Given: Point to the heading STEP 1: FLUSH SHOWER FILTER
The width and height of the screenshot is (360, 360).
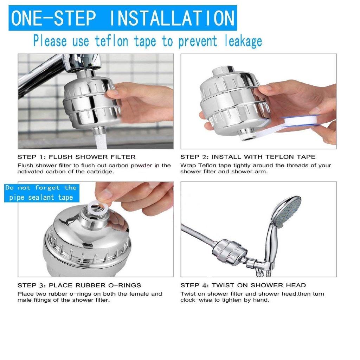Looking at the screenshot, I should pos(76,157).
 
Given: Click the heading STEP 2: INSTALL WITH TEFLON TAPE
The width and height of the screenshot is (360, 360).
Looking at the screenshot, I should pos(248,157).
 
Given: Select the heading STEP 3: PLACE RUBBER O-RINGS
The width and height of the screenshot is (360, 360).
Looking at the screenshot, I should pos(79,285).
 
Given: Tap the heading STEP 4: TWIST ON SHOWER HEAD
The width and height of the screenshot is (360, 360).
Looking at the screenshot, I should pos(243,285).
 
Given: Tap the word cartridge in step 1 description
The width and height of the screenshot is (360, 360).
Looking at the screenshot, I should pos(101,172).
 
